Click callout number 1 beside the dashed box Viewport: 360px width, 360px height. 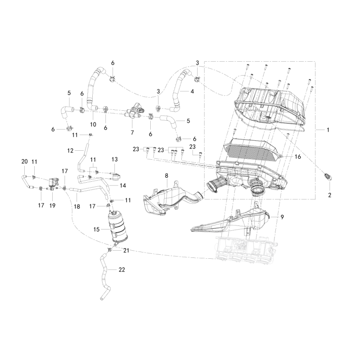(x=328, y=130)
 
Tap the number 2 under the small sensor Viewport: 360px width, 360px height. (x=330, y=195)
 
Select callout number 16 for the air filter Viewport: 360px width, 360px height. (x=297, y=157)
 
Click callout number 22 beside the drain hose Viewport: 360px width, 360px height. (x=121, y=270)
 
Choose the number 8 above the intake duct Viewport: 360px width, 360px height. (x=166, y=176)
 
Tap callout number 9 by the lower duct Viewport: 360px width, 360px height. (x=282, y=217)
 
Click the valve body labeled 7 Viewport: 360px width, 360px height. (x=133, y=112)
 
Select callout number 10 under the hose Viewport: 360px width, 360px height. (x=93, y=125)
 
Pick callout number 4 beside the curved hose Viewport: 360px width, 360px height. (x=192, y=91)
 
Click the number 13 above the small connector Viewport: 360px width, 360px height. (x=115, y=159)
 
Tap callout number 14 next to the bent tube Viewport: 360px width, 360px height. (x=123, y=185)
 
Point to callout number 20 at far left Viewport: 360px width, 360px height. (x=25, y=162)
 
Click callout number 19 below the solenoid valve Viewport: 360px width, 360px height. (x=52, y=206)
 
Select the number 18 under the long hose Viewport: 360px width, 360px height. (x=77, y=207)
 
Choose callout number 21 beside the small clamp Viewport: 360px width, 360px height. (x=126, y=251)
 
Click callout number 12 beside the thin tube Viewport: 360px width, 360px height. (x=70, y=151)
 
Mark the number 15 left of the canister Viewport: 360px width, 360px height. (x=96, y=229)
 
